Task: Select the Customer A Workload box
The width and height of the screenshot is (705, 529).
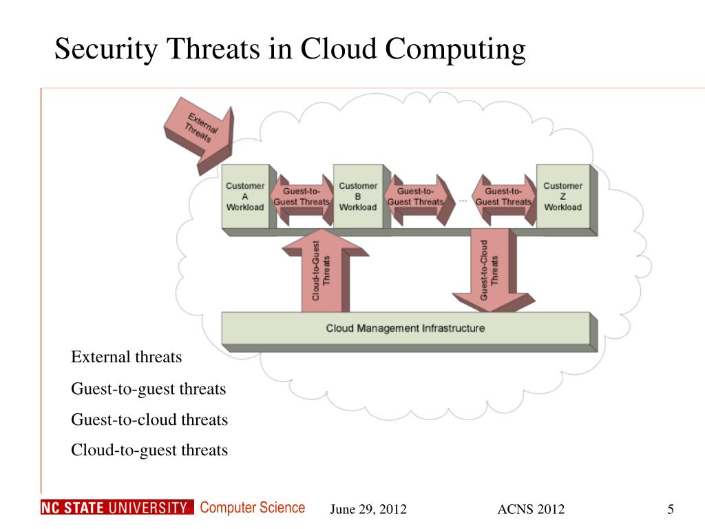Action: (245, 196)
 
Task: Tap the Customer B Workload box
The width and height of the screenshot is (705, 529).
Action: (358, 196)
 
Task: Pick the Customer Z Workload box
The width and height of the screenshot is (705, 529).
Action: (562, 196)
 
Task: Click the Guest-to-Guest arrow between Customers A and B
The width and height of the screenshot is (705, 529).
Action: (302, 197)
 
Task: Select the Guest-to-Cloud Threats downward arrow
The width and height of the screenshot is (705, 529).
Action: (490, 269)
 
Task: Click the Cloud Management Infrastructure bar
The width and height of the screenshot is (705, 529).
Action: (405, 328)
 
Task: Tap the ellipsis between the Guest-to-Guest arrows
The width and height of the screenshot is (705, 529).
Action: (463, 200)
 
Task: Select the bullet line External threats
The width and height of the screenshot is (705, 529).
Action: (127, 357)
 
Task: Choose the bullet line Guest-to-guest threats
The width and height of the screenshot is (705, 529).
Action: (149, 389)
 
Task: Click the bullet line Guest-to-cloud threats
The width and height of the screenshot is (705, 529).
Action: (149, 419)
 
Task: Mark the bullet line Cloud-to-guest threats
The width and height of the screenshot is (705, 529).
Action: (149, 450)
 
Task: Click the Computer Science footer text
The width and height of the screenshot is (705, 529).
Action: (252, 508)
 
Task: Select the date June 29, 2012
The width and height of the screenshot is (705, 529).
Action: (368, 510)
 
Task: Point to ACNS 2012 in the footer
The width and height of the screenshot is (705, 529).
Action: (531, 510)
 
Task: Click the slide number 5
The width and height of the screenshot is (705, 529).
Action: (670, 509)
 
